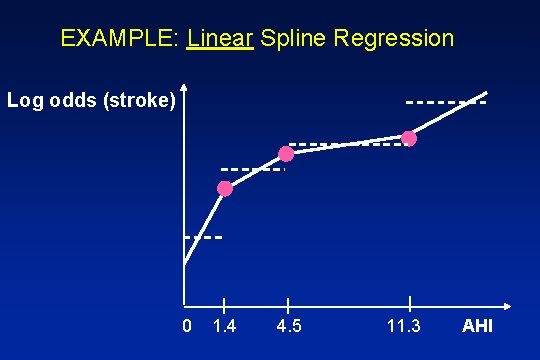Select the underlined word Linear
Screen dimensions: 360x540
[220, 39]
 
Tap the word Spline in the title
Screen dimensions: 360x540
[293, 39]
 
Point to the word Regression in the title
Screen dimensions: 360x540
[395, 39]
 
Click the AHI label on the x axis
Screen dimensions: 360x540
[477, 327]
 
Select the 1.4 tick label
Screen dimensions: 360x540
[227, 327]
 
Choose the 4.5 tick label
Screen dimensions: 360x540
[288, 327]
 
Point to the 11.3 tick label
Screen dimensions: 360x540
[404, 327]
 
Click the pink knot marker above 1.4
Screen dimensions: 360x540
[225, 188]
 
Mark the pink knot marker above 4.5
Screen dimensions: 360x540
[286, 154]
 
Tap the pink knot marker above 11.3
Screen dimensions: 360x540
[409, 138]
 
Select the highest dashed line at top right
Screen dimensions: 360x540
[446, 102]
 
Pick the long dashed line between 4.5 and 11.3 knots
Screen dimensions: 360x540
[350, 145]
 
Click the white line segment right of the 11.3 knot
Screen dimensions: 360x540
[448, 118]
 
